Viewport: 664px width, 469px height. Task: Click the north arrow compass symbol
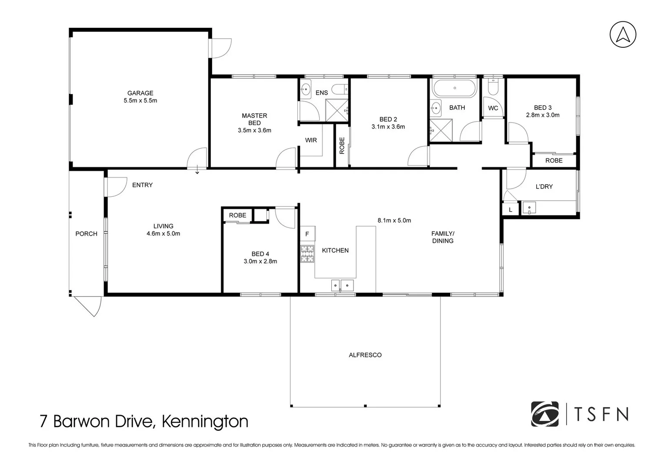[623, 34]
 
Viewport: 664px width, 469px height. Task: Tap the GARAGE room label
[140, 93]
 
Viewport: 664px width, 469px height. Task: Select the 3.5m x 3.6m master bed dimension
[254, 130]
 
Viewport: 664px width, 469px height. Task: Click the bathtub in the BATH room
[454, 88]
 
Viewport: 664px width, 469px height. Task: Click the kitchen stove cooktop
[307, 254]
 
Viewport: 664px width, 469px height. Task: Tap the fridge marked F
[307, 234]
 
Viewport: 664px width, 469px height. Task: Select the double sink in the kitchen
[343, 285]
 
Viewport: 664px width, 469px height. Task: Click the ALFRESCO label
[365, 355]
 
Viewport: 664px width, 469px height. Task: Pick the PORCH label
[86, 234]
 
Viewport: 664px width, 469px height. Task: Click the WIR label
[310, 140]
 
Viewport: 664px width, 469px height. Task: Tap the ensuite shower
[337, 110]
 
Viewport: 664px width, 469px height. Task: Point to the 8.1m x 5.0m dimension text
[394, 220]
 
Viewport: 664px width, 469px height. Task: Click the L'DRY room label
[544, 186]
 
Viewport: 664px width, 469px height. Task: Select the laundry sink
[529, 208]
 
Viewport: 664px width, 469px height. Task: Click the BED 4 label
[260, 254]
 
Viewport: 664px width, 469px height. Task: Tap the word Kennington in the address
[205, 421]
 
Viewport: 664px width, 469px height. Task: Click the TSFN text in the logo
[601, 414]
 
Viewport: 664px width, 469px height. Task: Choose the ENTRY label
[142, 185]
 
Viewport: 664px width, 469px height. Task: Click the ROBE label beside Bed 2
[342, 145]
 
